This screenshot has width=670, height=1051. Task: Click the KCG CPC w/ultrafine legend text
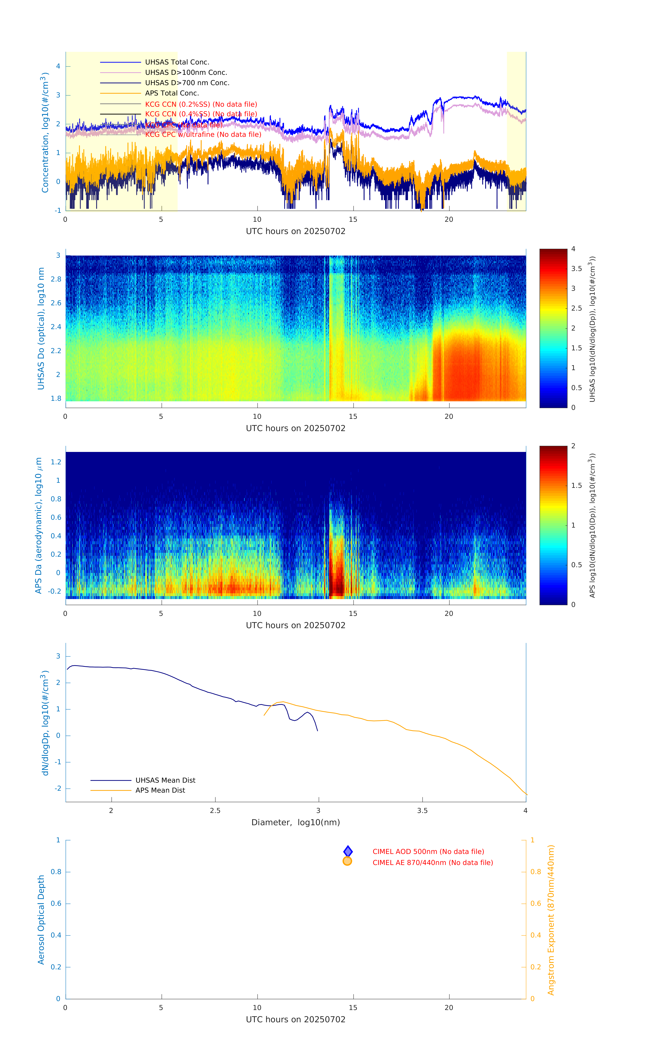tap(203, 134)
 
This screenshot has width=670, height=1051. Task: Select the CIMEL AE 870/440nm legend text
tap(432, 863)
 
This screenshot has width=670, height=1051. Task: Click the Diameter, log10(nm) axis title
tap(296, 822)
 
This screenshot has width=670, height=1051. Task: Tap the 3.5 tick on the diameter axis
tap(422, 810)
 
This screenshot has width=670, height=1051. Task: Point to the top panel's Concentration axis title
tap(45, 132)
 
